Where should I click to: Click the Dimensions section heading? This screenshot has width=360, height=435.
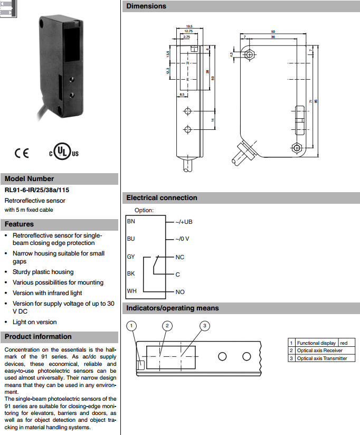(146, 6)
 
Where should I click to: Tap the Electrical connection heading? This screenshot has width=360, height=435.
(162, 198)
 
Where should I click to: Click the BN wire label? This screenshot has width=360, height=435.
(131, 222)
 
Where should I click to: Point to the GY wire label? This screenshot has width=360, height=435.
(131, 257)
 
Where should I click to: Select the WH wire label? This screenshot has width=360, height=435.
(131, 291)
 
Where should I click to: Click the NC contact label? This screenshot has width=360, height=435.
(180, 257)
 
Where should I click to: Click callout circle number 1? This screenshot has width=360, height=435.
(132, 325)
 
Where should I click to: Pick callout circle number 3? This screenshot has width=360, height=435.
(205, 325)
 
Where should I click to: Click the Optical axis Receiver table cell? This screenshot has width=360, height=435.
(319, 351)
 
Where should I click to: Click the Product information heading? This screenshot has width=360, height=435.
(38, 337)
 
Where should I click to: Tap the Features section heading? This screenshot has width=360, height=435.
(20, 224)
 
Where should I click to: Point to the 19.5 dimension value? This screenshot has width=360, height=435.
(189, 26)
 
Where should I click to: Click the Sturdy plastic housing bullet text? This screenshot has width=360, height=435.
(43, 272)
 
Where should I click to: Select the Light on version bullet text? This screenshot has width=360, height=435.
(34, 322)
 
